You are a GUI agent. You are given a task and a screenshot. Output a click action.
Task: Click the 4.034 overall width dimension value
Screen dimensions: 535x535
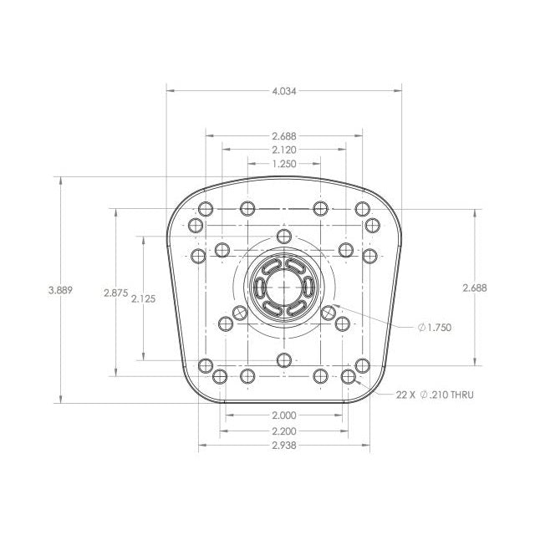(x=284, y=91)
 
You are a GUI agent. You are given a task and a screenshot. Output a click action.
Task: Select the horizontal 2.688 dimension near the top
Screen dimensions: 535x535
(x=284, y=136)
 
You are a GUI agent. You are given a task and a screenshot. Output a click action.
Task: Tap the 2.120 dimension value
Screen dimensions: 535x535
(x=284, y=150)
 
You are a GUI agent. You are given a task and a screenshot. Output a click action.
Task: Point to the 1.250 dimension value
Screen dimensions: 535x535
(x=284, y=164)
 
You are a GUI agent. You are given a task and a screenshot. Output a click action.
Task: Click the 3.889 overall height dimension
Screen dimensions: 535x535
(x=61, y=290)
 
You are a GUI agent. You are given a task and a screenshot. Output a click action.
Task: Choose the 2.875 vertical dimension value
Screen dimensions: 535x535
(x=116, y=293)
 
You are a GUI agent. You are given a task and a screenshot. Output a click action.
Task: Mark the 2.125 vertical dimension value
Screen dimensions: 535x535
(x=143, y=299)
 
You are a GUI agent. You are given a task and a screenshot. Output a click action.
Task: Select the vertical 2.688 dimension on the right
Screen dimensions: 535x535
(x=475, y=288)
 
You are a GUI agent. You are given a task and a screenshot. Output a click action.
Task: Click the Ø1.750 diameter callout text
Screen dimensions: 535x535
(x=435, y=328)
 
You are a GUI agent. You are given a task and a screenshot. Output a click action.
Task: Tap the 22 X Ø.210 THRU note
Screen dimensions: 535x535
(x=435, y=395)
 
